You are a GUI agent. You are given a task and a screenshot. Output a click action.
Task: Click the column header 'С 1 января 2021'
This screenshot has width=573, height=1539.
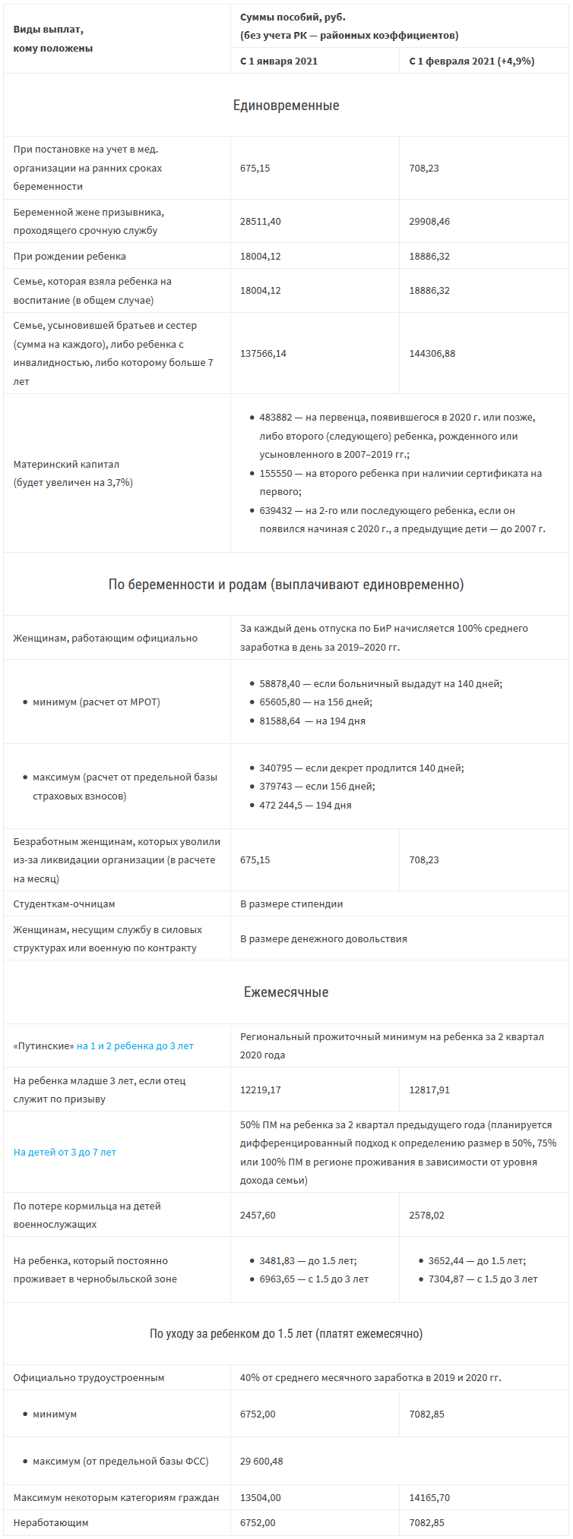pyautogui.click(x=279, y=61)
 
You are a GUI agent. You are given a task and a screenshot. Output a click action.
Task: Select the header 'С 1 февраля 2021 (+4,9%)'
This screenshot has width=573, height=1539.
pyautogui.click(x=471, y=61)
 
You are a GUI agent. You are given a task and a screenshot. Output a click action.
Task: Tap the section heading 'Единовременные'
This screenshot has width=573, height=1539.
pyautogui.click(x=286, y=106)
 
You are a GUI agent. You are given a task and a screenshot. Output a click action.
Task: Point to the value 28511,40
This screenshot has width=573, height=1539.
pyautogui.click(x=261, y=221)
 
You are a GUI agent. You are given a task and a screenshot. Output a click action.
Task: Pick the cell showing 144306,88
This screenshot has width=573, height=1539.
pyautogui.click(x=432, y=353)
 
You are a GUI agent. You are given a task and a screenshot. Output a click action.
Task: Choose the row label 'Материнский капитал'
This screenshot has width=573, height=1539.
pyautogui.click(x=66, y=464)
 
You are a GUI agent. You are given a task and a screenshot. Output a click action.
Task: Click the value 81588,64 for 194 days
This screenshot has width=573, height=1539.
pyautogui.click(x=280, y=721)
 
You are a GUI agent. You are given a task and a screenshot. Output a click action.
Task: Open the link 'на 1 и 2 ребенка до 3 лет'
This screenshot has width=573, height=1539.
pyautogui.click(x=135, y=1045)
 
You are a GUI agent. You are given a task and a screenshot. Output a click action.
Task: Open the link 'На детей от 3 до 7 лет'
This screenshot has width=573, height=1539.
pyautogui.click(x=65, y=1152)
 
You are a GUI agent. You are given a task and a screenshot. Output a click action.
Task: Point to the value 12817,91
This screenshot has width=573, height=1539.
pyautogui.click(x=429, y=1090)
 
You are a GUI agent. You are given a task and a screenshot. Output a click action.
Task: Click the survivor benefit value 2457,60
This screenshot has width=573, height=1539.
pyautogui.click(x=258, y=1215)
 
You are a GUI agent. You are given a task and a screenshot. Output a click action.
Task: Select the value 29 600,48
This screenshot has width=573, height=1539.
pyautogui.click(x=262, y=1461)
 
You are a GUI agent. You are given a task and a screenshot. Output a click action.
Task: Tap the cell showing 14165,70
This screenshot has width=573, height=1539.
pyautogui.click(x=429, y=1497)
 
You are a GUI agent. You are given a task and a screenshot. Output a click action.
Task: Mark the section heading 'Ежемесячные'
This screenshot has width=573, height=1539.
pyautogui.click(x=286, y=992)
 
